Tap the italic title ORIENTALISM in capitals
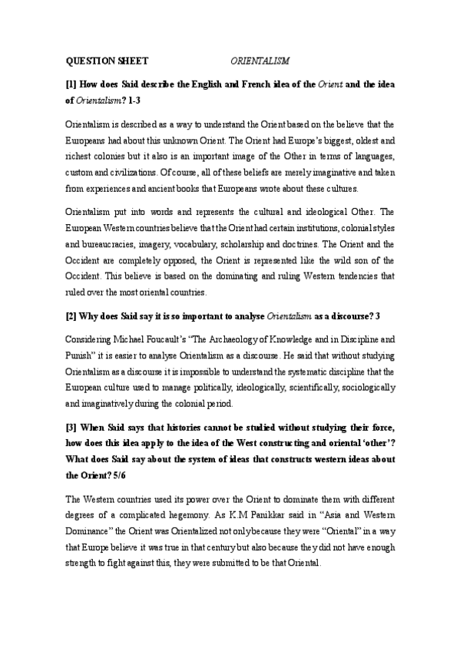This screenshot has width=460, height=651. [x=261, y=59]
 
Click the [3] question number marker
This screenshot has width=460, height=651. [x=71, y=425]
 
